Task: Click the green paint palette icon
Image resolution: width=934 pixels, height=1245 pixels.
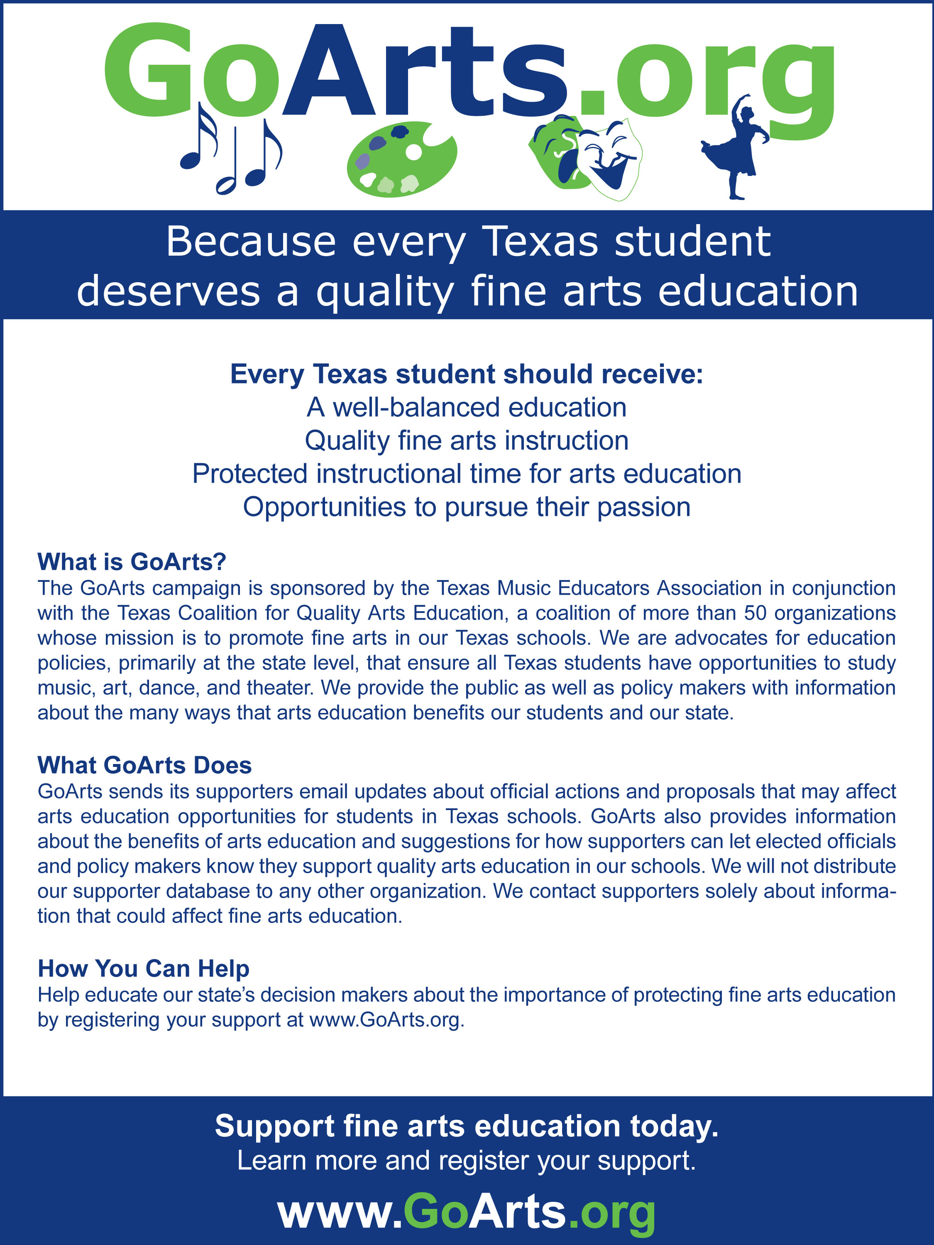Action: point(401,160)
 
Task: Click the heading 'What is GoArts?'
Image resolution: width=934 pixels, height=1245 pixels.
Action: point(132,562)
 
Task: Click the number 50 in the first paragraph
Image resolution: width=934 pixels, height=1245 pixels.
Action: point(755,613)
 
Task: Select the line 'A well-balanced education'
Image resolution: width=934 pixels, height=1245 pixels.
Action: point(467,408)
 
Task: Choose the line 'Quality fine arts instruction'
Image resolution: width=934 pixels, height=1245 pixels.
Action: point(467,441)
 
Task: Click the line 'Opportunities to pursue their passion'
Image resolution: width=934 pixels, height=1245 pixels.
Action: point(467,507)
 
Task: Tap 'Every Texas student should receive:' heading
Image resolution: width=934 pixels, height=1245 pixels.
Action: point(467,374)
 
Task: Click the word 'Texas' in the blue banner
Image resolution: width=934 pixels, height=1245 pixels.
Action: point(540,242)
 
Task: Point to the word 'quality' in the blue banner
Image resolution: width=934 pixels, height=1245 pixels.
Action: point(384,292)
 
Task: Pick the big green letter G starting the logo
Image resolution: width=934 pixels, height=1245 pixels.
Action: point(149,71)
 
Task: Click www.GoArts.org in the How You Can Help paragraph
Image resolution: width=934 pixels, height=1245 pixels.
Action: point(387,1020)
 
